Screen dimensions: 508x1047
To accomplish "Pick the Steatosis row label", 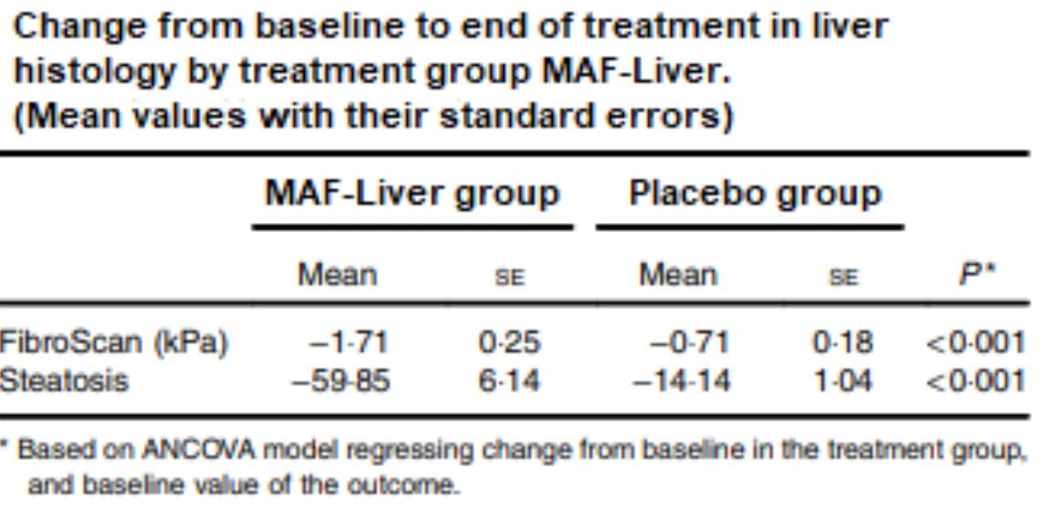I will point(64,381).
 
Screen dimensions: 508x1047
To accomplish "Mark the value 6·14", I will point(511,381).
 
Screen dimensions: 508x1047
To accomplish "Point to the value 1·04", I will point(842,381).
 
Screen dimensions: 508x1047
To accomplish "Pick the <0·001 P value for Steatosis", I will point(975,381).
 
